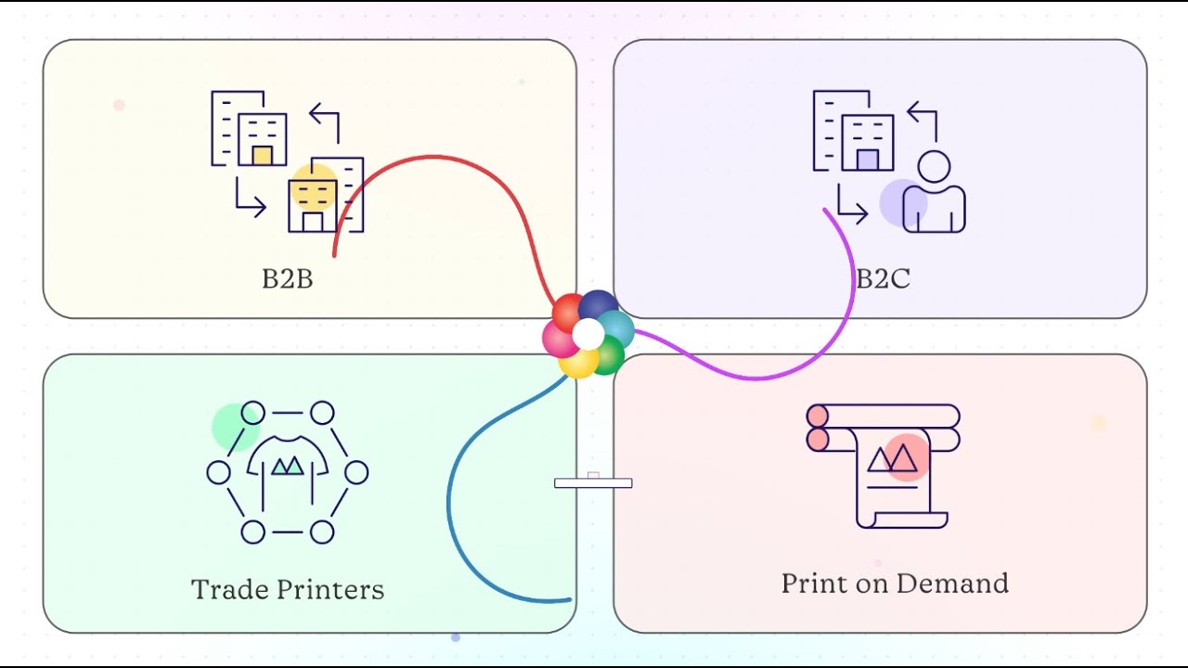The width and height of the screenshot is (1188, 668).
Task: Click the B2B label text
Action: (287, 278)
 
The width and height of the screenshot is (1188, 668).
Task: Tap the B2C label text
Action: (883, 278)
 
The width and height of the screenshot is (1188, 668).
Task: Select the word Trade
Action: (228, 589)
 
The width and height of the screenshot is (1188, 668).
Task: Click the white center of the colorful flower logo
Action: (588, 334)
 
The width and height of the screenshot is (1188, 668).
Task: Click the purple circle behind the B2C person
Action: (901, 202)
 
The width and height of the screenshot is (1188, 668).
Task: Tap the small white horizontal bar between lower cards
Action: (593, 482)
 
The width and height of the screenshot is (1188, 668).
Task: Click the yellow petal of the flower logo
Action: (577, 363)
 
